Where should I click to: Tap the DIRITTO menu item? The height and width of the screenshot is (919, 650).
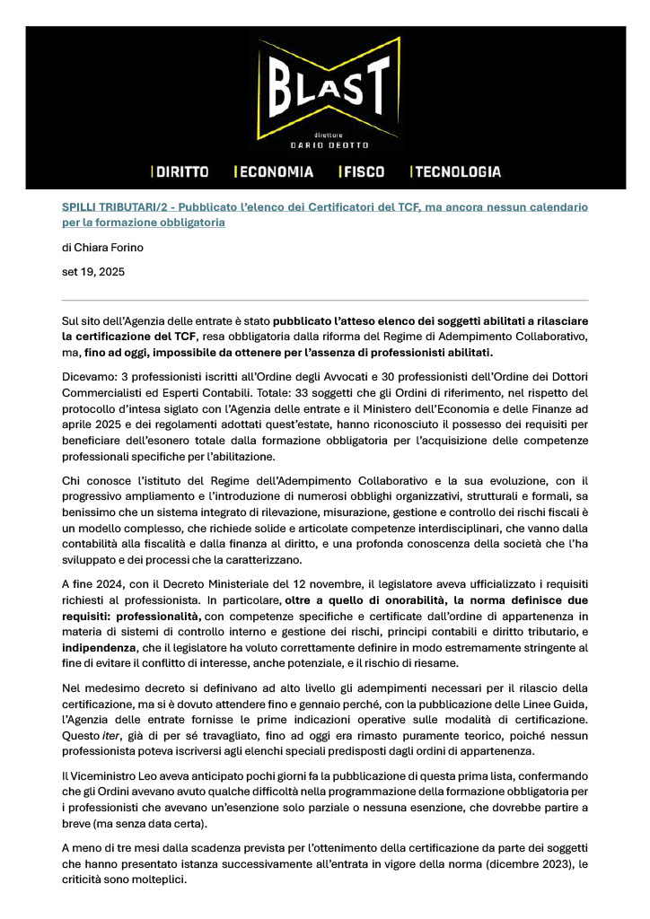point(181,171)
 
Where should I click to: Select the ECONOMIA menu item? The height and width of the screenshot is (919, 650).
point(275,171)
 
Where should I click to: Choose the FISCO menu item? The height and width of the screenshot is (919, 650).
point(363,171)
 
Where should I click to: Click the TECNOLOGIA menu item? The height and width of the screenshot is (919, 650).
point(457,171)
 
